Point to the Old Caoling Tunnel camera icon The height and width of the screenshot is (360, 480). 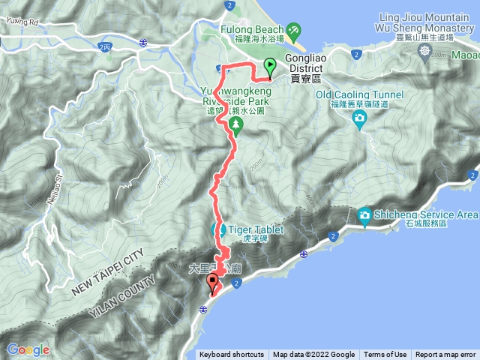coord(359,118)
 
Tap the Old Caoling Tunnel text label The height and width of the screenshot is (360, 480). coord(359,94)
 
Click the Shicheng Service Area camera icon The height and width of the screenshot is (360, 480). coord(365,215)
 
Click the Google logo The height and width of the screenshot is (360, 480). coord(28,349)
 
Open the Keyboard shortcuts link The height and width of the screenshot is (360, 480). coord(231,355)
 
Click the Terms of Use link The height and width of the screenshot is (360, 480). coord(385,355)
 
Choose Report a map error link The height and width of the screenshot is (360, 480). coord(445,355)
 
